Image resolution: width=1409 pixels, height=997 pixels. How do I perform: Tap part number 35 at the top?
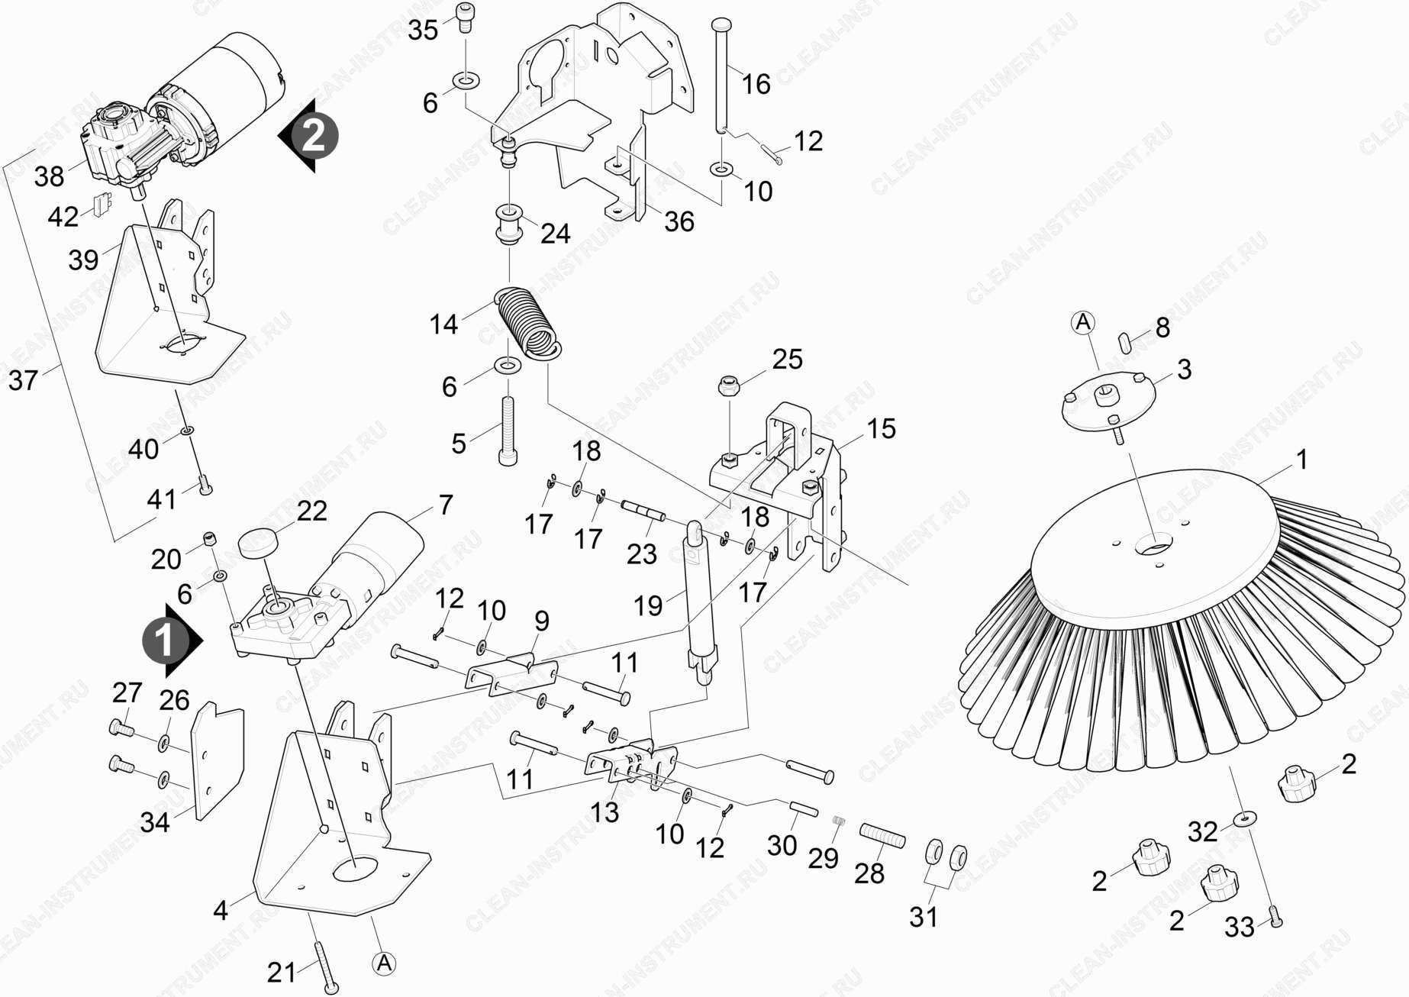coord(423,31)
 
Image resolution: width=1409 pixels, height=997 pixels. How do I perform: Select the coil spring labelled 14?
coord(529,321)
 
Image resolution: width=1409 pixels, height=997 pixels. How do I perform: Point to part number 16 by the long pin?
coord(756,83)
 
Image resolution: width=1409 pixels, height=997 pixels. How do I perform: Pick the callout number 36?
coord(679,221)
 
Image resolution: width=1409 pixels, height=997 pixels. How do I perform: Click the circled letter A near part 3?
coord(1083,323)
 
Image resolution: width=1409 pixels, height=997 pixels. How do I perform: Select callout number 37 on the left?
coord(23,379)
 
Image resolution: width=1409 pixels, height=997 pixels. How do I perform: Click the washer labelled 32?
coord(1244,820)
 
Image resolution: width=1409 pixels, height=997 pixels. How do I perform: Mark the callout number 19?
coord(648,606)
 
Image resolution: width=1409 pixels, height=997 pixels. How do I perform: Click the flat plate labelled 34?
coord(216,763)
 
